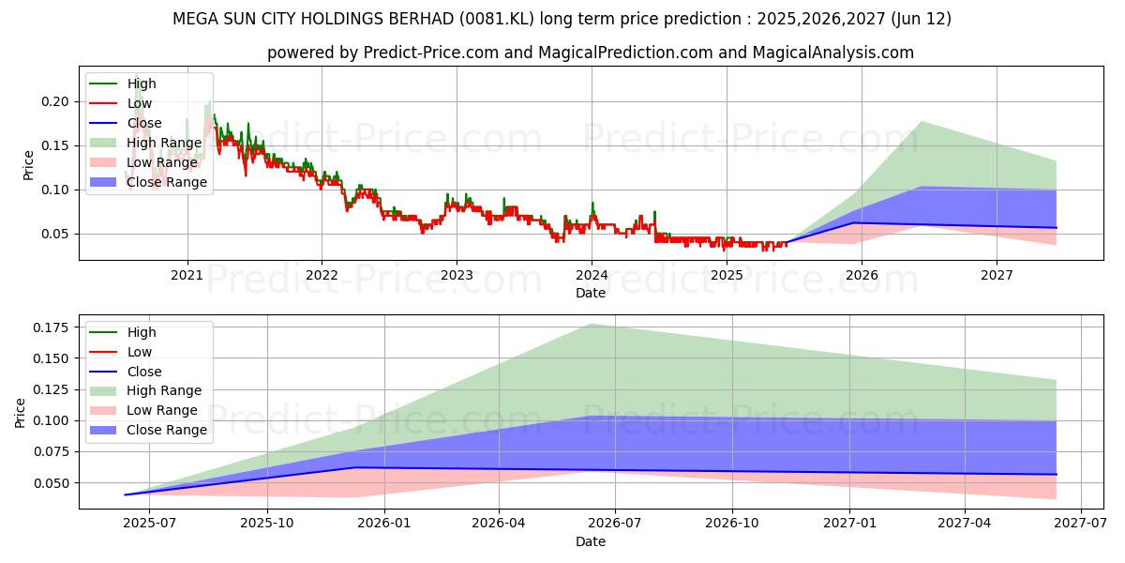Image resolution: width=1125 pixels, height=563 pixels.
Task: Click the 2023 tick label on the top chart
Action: point(457,275)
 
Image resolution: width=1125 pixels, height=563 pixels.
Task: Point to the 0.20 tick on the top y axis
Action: point(56,101)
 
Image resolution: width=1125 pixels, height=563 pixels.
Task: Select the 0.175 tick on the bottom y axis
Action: point(49,327)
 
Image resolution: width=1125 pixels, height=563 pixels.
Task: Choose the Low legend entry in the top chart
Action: point(140,103)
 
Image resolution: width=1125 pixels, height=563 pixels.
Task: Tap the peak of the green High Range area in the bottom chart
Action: point(591,324)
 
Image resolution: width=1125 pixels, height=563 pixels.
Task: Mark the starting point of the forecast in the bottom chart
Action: point(125,495)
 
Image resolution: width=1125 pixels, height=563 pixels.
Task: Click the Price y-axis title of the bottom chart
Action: point(21,412)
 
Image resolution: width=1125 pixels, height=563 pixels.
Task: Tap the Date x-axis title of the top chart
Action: point(591,293)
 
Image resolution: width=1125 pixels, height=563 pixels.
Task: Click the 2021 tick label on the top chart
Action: point(187,275)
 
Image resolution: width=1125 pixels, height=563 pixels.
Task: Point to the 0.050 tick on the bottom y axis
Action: point(49,483)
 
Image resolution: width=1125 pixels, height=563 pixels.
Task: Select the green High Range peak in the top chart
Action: point(922,121)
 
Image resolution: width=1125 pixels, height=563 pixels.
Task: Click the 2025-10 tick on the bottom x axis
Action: point(267,524)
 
